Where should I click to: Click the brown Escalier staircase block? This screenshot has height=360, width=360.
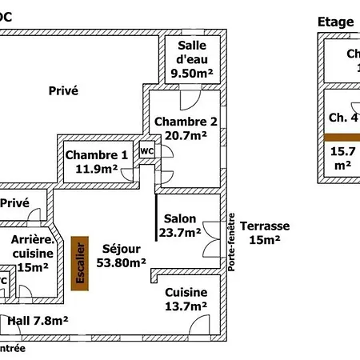(79, 264)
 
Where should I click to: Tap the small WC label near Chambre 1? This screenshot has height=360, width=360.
(146, 150)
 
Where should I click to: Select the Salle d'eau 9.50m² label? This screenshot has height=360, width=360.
(192, 60)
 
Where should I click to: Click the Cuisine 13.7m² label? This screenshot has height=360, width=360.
(186, 299)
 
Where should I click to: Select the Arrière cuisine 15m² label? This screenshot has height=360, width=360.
(31, 254)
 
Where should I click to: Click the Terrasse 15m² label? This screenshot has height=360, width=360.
(264, 233)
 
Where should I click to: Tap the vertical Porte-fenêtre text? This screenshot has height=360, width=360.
(232, 244)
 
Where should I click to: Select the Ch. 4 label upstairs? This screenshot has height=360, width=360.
(343, 117)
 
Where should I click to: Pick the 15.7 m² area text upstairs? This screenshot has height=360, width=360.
(343, 157)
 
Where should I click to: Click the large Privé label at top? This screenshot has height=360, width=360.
(63, 91)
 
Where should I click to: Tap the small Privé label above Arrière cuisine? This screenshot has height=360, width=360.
(15, 204)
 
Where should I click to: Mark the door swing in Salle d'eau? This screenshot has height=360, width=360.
(189, 98)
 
